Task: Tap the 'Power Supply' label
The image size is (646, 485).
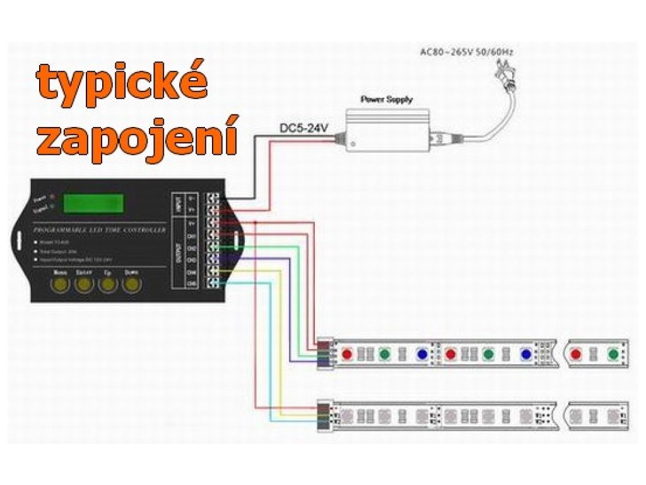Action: [386, 99]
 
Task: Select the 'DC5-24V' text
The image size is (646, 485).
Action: [304, 129]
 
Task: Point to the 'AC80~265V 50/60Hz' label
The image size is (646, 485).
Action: [467, 52]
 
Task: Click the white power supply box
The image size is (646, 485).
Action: [386, 131]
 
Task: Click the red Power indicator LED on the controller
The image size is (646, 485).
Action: [52, 197]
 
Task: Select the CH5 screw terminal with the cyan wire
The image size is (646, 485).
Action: [214, 284]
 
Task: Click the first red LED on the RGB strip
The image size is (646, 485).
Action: [346, 354]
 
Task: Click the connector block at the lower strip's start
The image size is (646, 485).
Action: [323, 415]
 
